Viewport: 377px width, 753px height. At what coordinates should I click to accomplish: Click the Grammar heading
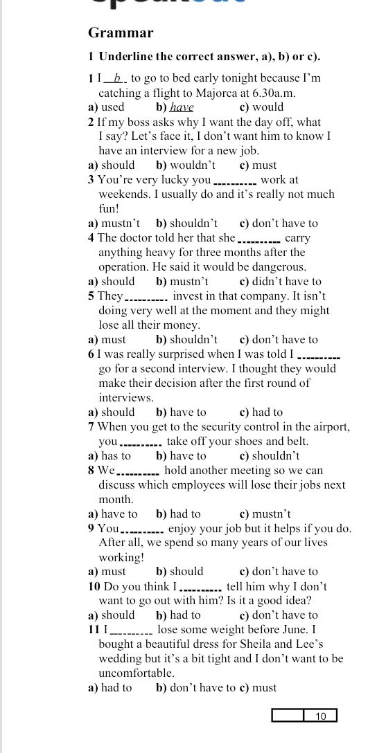point(121,33)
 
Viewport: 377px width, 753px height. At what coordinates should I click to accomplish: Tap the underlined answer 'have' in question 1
point(182,107)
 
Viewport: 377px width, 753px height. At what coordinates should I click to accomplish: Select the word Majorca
point(211,93)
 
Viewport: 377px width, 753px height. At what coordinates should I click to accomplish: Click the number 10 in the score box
point(321,716)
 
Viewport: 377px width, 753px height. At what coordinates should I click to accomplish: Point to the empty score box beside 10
point(288,716)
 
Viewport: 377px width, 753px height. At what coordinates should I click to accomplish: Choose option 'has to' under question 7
point(116,456)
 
